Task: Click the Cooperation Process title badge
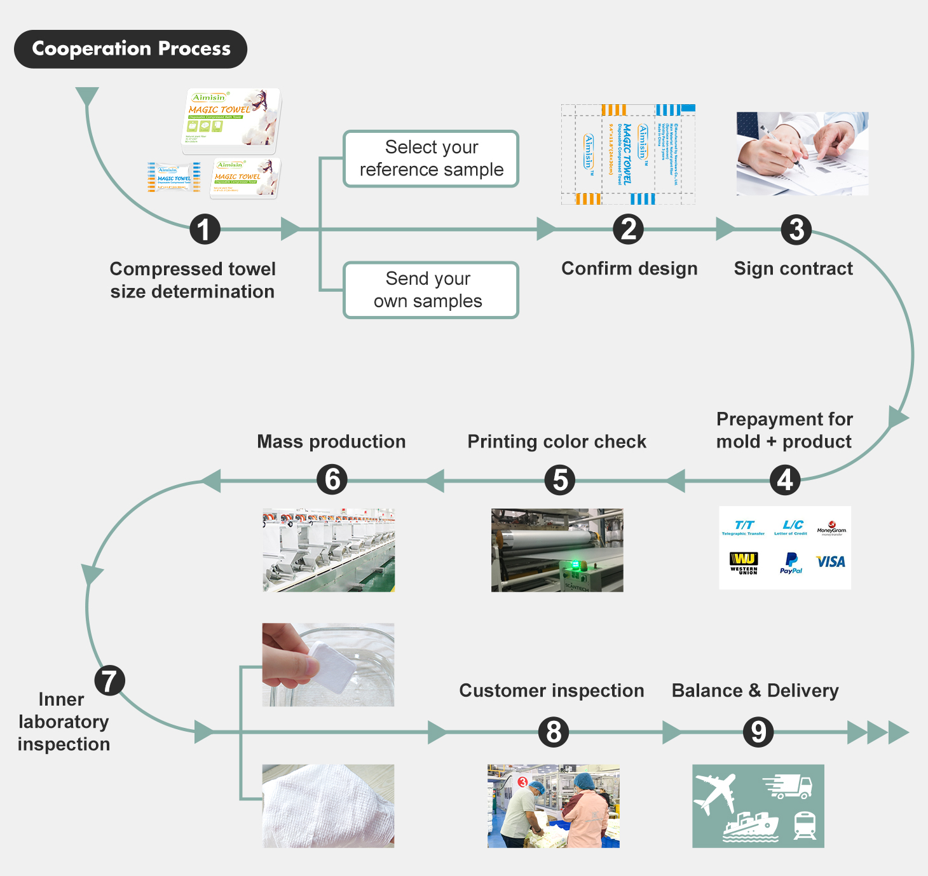pos(130,49)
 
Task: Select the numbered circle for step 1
pos(205,229)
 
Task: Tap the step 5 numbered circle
pos(560,480)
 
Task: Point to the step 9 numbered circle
pos(758,732)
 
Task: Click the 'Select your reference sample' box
pos(431,159)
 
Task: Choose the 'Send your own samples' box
pos(431,290)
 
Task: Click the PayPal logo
pos(791,562)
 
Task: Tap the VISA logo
pos(831,562)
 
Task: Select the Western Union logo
pos(744,562)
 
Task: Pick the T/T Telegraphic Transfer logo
pos(744,528)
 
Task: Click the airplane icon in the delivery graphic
pos(716,792)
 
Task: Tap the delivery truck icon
pos(789,786)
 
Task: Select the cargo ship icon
pos(751,826)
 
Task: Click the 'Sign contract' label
pos(793,268)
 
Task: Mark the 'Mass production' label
pos(331,441)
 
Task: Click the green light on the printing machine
pos(575,564)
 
